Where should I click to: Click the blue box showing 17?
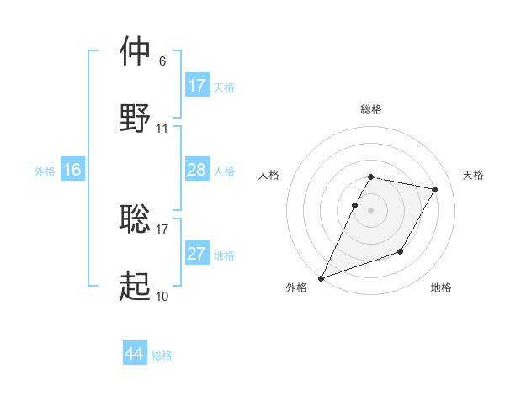[x=196, y=85]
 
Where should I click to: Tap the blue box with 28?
[x=196, y=170]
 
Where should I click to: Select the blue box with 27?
[x=196, y=254]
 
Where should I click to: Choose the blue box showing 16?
[x=72, y=170]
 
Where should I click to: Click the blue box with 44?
[x=135, y=354]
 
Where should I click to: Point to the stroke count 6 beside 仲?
[x=162, y=61]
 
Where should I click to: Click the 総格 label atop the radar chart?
[x=371, y=109]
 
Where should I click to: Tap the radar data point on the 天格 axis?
[x=435, y=190]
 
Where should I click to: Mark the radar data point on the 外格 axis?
[x=321, y=278]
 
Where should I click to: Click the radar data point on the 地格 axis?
[x=401, y=251]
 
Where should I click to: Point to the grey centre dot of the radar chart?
[x=371, y=210]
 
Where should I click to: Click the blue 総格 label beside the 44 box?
[x=162, y=355]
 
